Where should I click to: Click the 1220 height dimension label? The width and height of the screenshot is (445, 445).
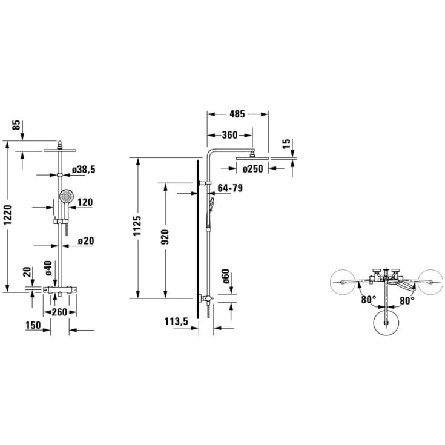[8, 215]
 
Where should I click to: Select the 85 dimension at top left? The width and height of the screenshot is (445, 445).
[17, 125]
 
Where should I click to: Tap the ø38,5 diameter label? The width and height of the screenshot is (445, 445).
[84, 170]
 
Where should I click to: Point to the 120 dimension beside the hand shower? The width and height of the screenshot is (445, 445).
[85, 202]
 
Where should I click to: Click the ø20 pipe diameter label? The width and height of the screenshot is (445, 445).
[86, 241]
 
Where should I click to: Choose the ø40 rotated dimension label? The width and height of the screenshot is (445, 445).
[48, 268]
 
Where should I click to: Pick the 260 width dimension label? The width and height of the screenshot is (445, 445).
[59, 312]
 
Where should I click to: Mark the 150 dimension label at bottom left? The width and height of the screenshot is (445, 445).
[33, 325]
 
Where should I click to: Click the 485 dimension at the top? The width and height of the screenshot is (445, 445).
[237, 114]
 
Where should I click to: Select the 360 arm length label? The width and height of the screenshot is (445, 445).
[229, 135]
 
